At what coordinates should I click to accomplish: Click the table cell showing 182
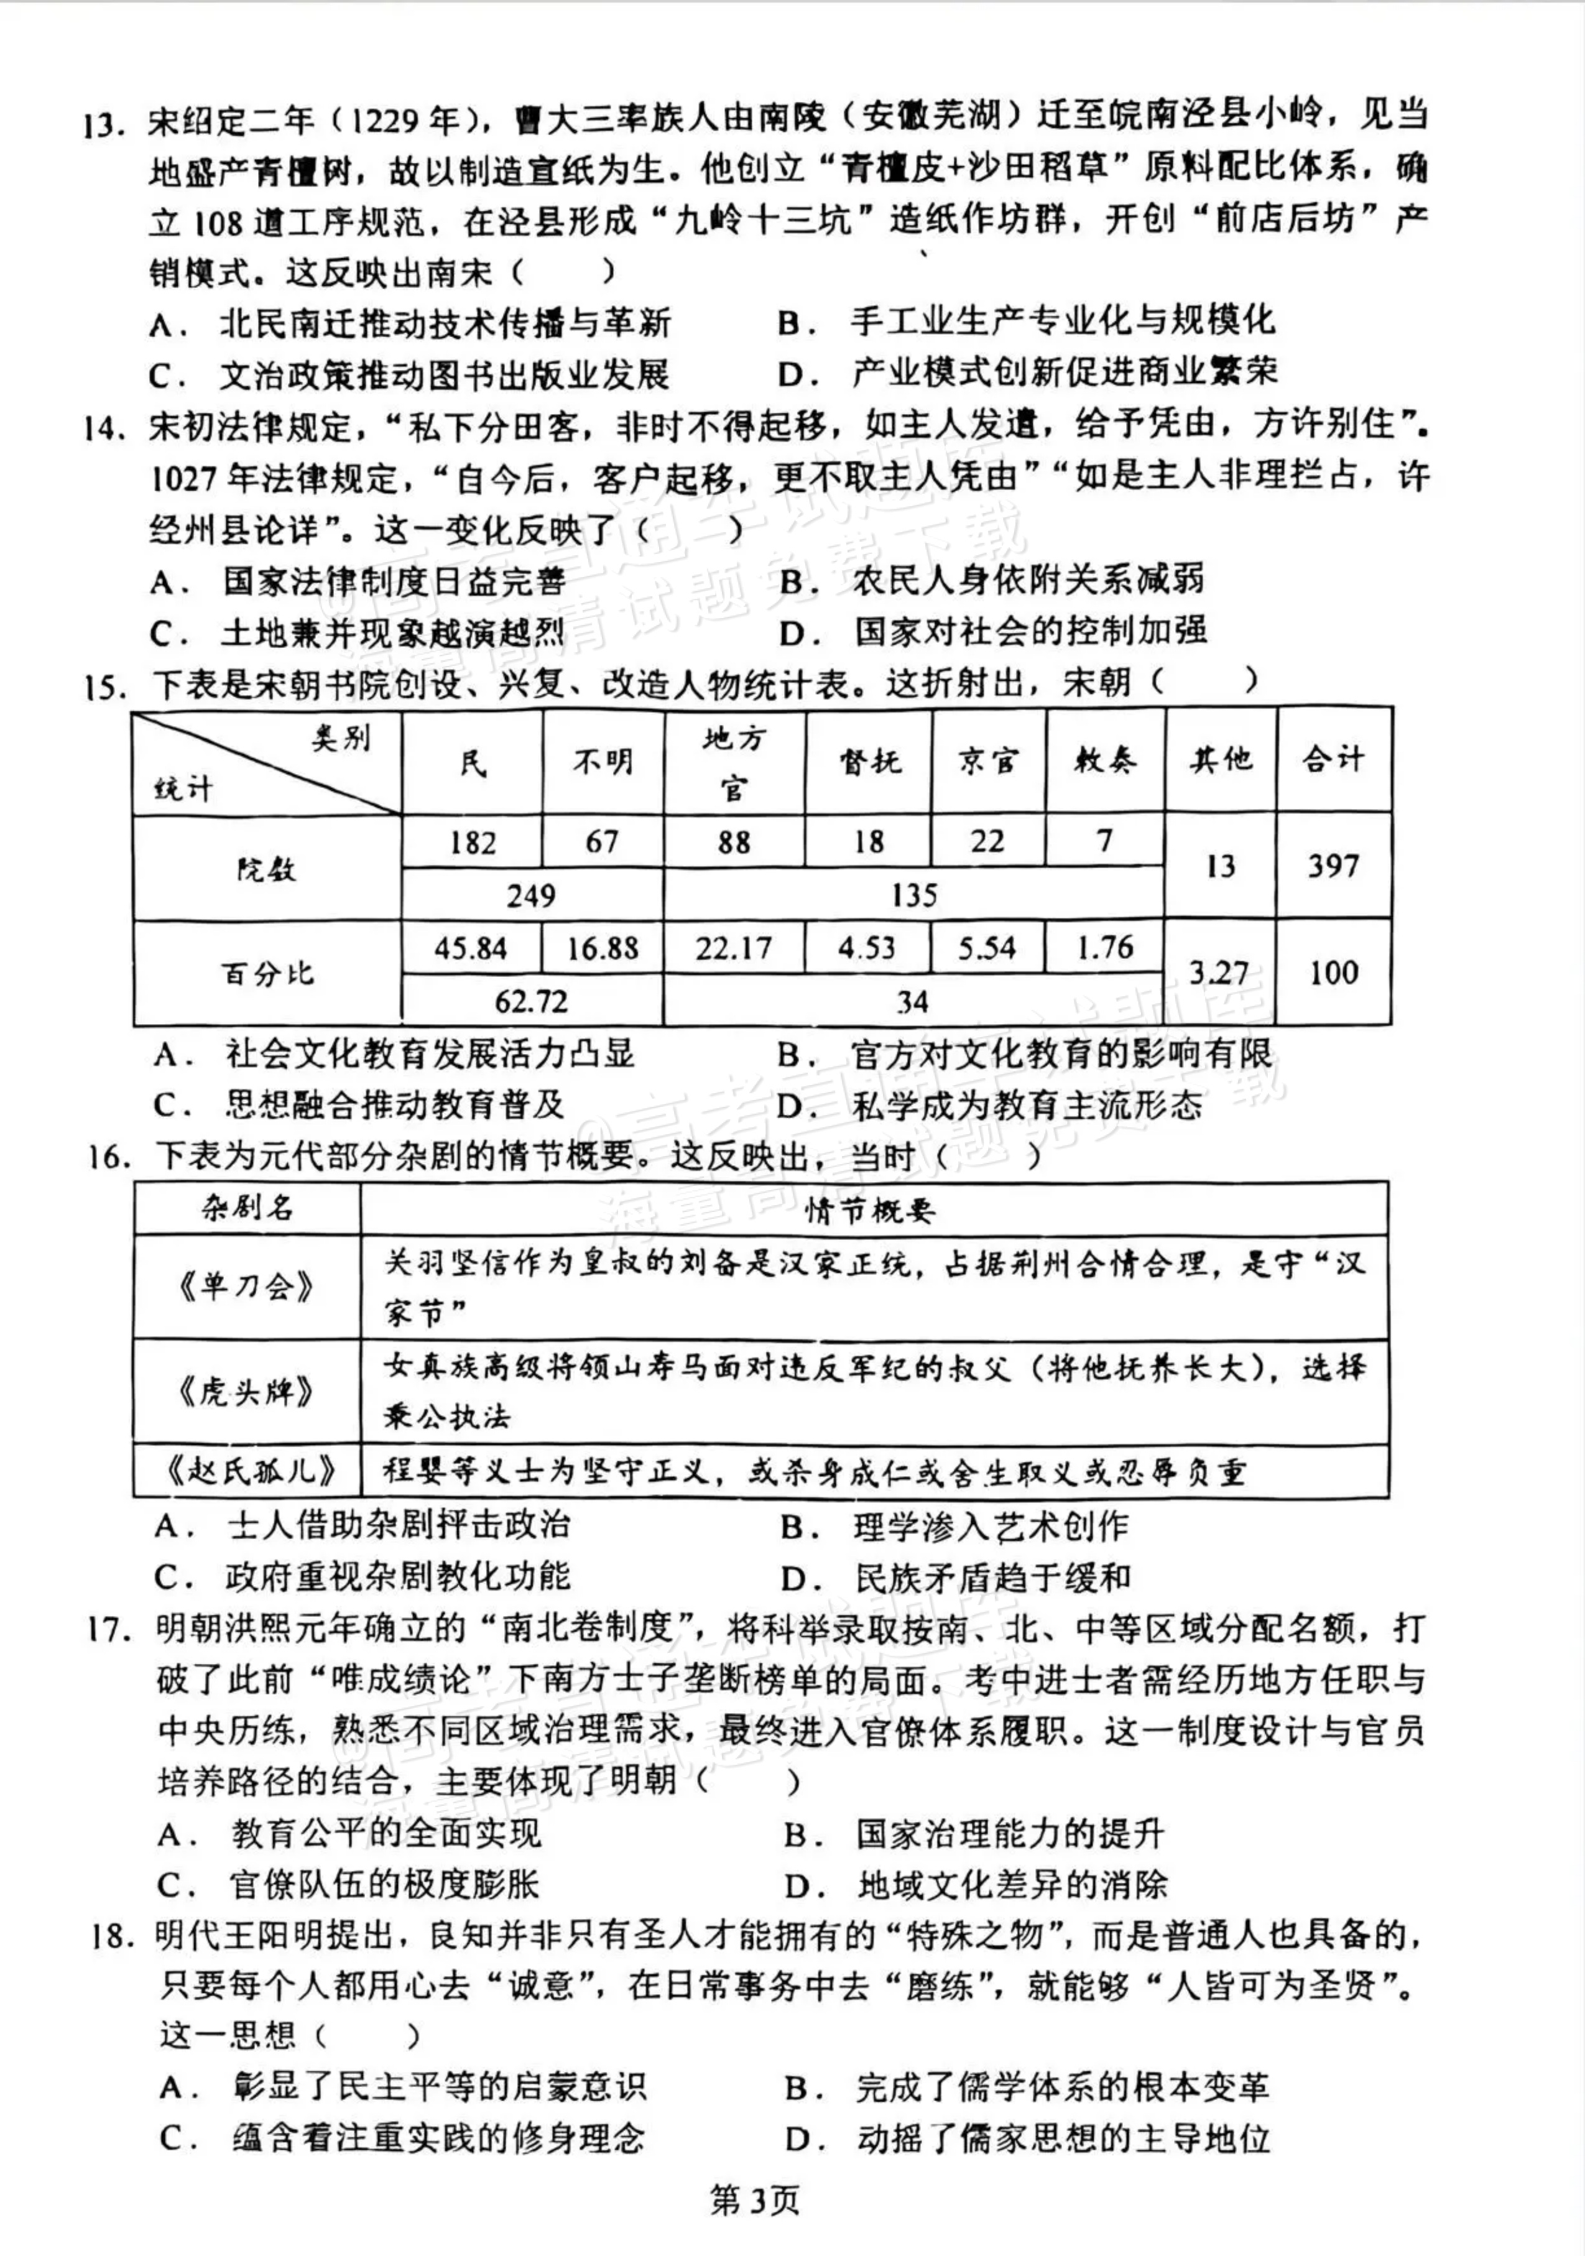(473, 842)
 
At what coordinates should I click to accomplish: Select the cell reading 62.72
(532, 1001)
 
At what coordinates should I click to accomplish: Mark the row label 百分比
(266, 973)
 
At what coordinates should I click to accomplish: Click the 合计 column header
(1333, 759)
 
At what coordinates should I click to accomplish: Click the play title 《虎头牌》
(247, 1391)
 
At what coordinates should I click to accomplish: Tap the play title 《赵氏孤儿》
(247, 1471)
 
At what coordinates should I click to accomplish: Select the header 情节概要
(871, 1209)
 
